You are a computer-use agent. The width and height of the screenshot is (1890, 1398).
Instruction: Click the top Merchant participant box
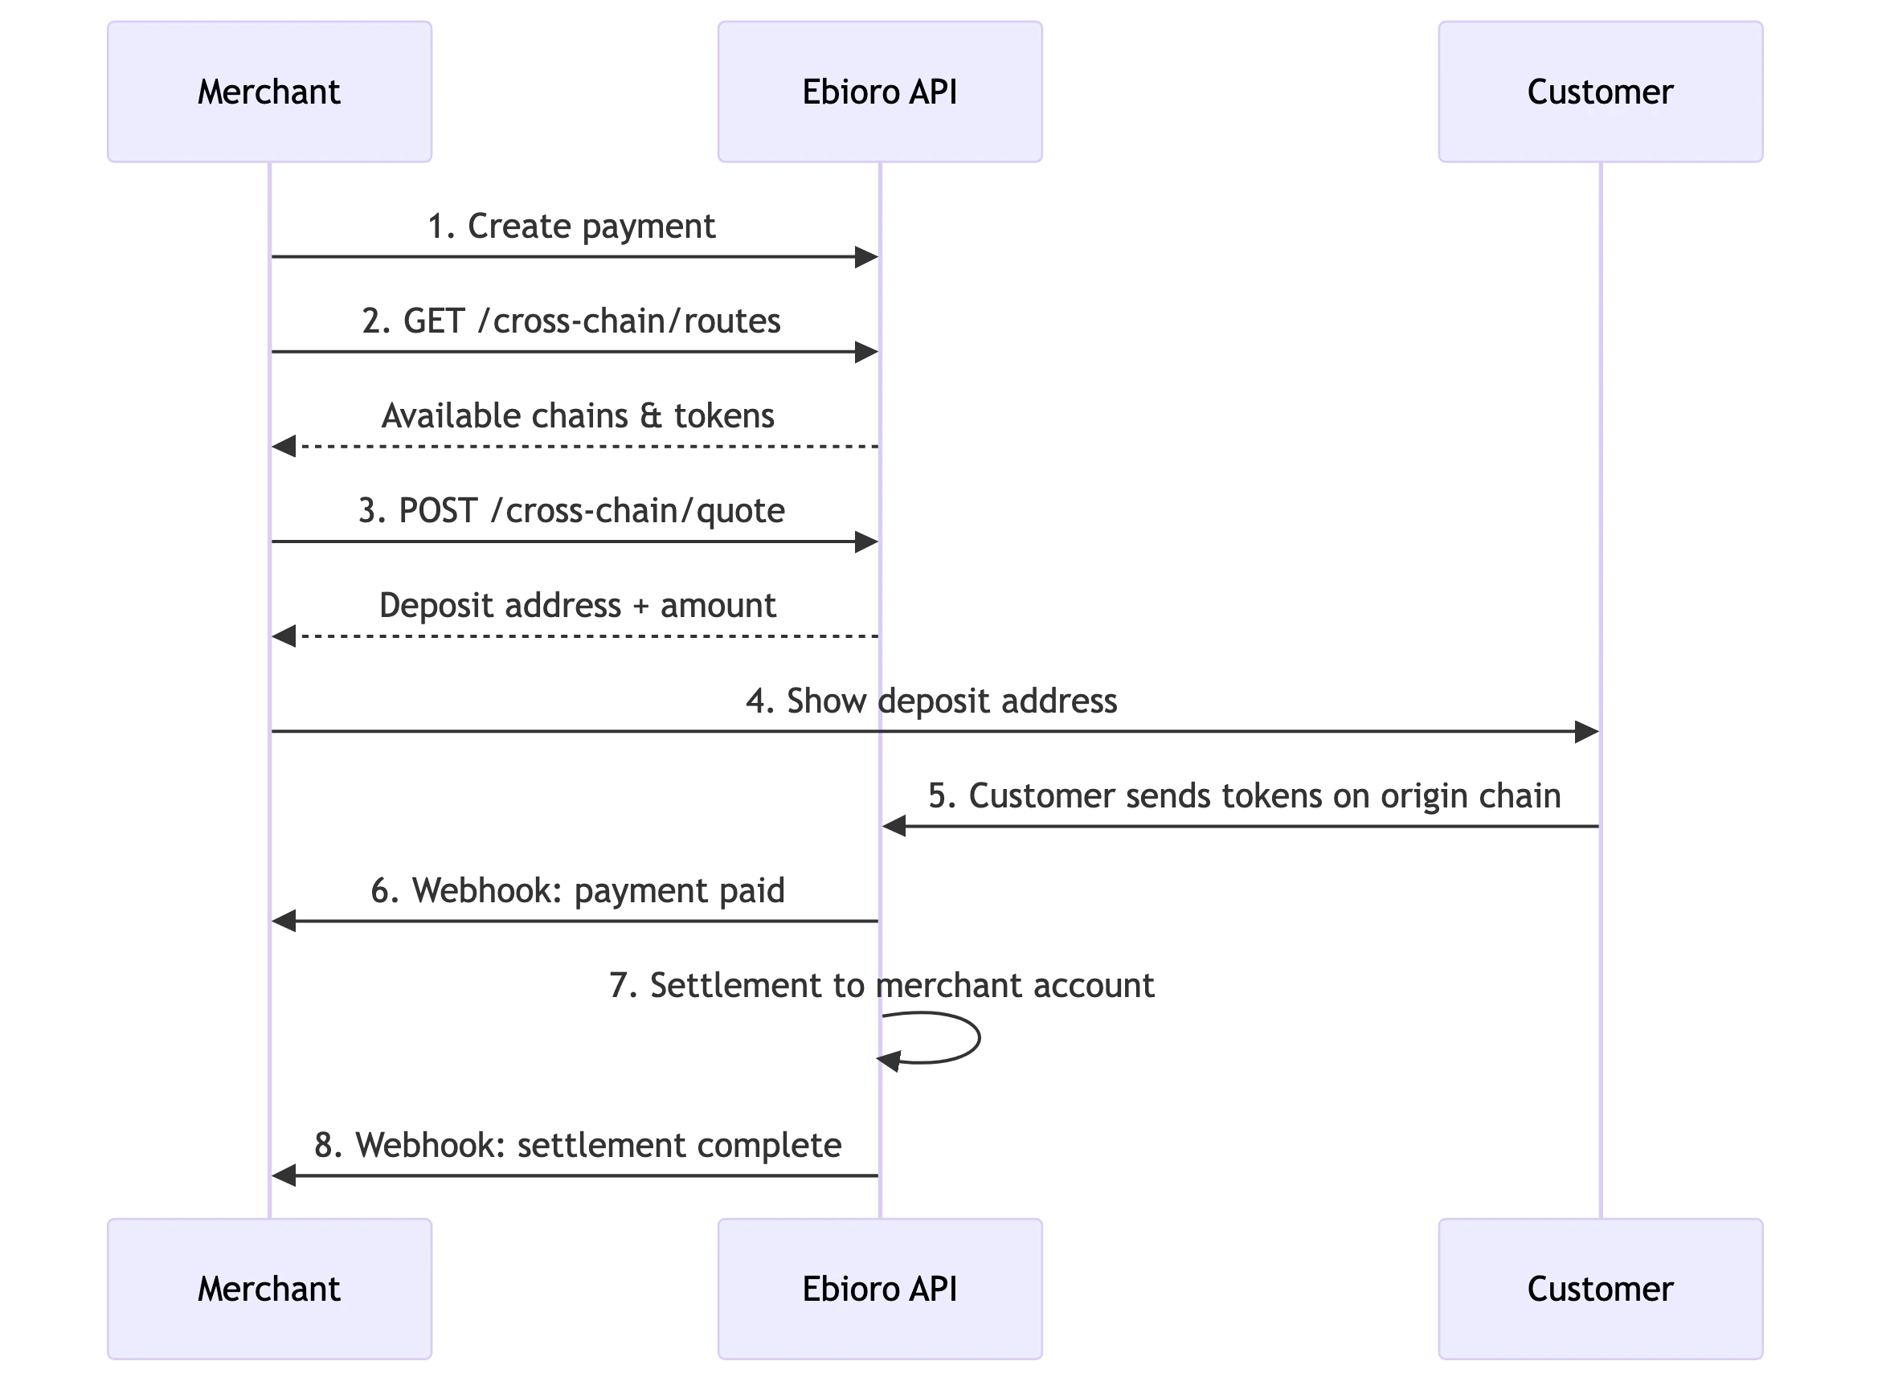[x=269, y=92]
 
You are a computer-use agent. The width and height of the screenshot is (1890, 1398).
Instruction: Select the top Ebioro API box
[x=879, y=92]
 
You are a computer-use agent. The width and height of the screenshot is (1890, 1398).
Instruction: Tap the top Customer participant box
[x=1600, y=92]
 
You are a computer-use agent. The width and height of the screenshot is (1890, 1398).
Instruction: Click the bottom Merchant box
[x=269, y=1289]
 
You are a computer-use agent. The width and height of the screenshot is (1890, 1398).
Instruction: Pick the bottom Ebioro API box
[x=879, y=1289]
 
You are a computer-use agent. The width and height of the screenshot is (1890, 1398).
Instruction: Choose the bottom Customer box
[x=1600, y=1289]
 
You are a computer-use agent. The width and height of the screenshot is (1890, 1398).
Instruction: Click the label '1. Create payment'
[x=571, y=227]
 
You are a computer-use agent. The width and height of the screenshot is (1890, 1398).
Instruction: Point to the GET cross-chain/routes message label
[x=571, y=321]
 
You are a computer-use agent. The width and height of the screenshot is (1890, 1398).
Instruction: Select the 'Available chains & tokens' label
[x=577, y=416]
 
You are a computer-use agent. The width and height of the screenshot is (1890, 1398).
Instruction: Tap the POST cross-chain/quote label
[x=570, y=512]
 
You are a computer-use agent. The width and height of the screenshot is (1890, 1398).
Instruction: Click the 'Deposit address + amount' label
[x=576, y=607]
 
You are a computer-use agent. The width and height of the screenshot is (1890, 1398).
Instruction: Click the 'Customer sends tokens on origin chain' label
[x=1242, y=795]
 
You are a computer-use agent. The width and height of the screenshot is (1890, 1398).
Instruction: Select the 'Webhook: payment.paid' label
[x=575, y=891]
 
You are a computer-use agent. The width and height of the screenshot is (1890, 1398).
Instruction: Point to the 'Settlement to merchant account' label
[x=880, y=987]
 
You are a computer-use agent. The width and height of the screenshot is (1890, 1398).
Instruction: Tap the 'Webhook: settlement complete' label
[x=577, y=1146]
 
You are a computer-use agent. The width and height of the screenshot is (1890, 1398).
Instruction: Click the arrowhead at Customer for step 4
[x=1587, y=732]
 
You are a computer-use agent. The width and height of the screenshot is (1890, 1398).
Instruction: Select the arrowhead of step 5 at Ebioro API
[x=895, y=826]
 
